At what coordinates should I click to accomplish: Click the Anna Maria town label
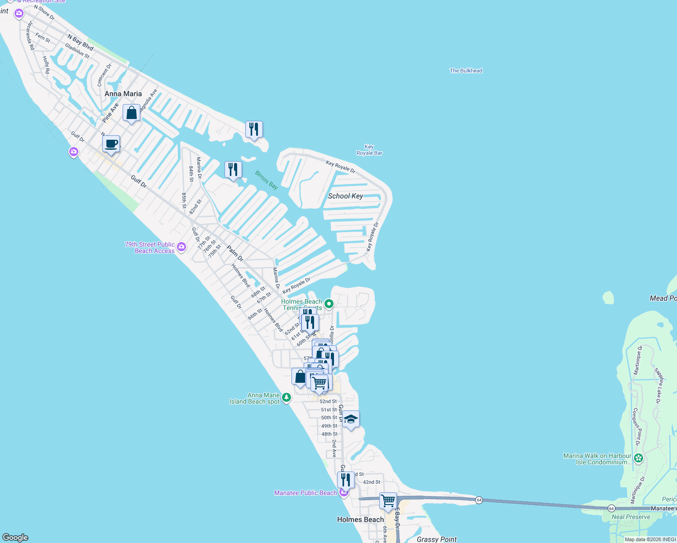123,94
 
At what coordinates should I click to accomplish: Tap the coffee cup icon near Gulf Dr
111,144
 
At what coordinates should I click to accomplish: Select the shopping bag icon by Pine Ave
131,113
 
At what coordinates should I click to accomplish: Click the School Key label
345,196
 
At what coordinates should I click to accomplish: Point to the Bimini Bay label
267,180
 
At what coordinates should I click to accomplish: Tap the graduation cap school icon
351,419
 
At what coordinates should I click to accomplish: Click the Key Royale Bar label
369,150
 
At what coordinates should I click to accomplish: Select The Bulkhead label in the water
466,71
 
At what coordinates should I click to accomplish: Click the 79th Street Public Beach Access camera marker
181,247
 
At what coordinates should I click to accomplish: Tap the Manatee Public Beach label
305,493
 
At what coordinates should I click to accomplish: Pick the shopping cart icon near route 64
388,501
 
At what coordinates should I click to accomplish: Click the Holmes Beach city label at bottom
360,519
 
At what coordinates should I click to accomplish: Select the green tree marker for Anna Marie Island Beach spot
286,398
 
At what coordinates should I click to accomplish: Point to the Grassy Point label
437,539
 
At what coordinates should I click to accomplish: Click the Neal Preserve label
631,517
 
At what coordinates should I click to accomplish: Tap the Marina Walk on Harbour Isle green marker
639,459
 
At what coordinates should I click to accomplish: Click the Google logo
15,538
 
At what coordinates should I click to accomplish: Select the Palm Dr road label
235,253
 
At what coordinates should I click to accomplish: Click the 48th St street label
329,434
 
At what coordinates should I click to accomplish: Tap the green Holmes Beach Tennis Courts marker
329,304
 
